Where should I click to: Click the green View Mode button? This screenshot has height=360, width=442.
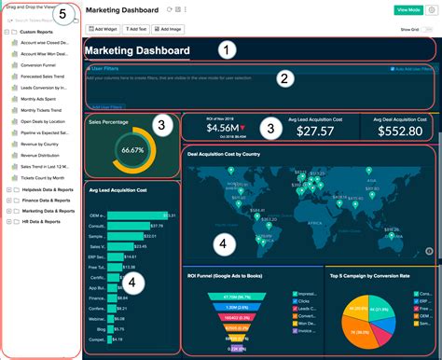tap(407, 9)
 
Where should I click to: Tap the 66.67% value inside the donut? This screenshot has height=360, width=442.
tap(133, 150)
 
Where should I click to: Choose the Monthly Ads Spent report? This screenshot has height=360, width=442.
tap(38, 99)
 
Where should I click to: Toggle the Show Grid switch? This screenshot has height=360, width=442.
tap(429, 29)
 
